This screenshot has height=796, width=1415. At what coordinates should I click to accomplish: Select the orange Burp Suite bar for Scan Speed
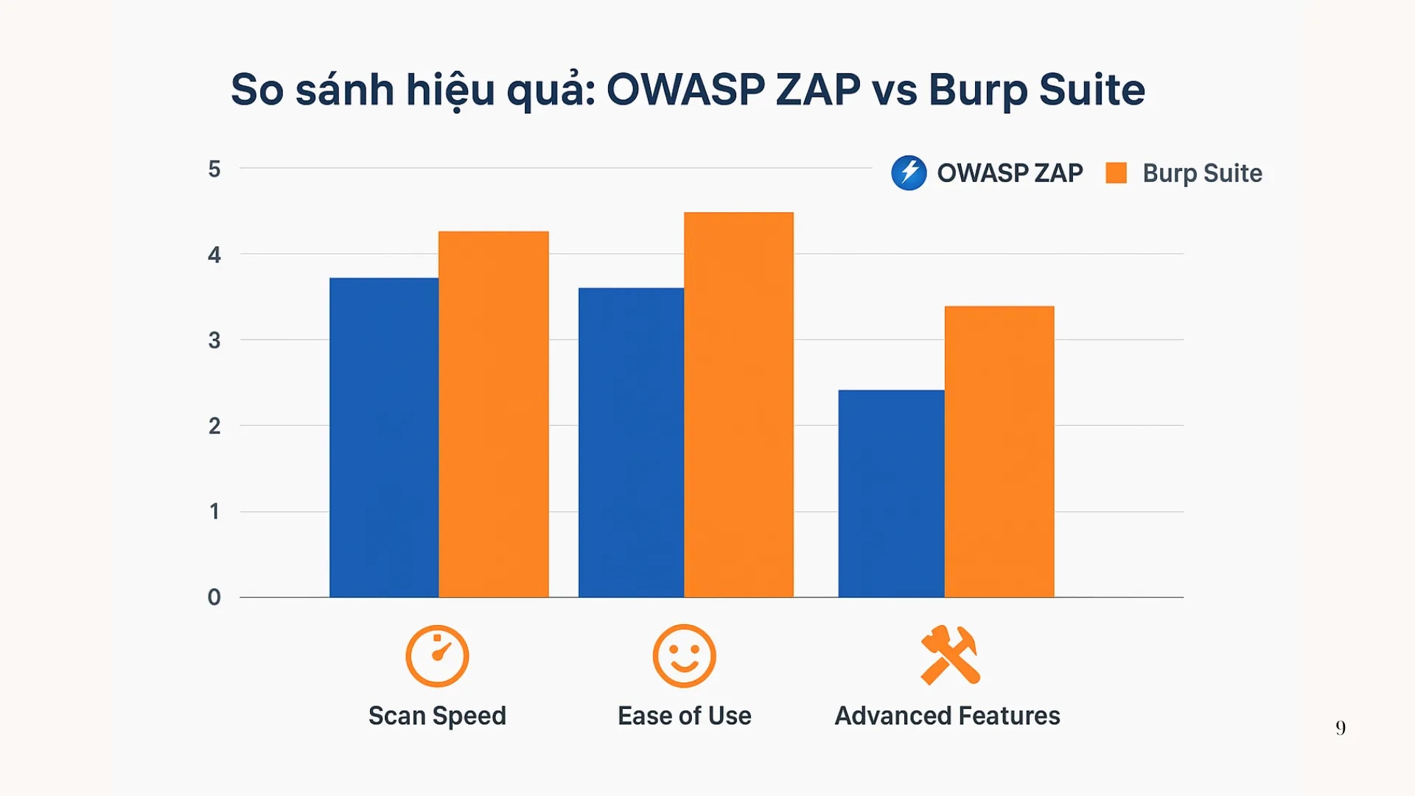(x=493, y=414)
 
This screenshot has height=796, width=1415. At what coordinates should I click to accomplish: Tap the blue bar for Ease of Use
(x=631, y=442)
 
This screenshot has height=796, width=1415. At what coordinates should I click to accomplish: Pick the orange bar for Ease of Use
(x=738, y=405)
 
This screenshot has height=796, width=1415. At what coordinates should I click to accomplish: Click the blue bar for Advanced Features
(x=891, y=493)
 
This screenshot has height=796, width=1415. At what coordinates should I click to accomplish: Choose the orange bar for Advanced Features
(x=999, y=451)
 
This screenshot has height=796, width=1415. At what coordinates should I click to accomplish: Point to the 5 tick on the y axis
(x=214, y=170)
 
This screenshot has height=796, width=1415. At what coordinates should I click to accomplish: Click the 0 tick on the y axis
(x=214, y=597)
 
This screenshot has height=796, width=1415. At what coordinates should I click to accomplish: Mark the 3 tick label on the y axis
(x=214, y=341)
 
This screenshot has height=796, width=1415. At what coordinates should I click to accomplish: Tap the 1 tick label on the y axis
(x=214, y=512)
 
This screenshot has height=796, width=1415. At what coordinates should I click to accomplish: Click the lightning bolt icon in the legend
(x=909, y=173)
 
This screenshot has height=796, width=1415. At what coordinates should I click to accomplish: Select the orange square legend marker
(x=1116, y=173)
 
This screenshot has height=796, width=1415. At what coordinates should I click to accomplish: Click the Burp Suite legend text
(x=1202, y=173)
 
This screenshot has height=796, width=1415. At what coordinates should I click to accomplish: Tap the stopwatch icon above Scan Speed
(x=437, y=656)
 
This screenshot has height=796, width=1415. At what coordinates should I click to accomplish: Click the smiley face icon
(x=684, y=656)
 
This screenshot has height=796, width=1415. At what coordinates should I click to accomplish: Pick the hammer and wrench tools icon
(x=949, y=655)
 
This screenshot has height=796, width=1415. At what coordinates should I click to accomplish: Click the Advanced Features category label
(x=947, y=716)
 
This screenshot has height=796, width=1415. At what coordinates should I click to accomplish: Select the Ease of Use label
(x=684, y=716)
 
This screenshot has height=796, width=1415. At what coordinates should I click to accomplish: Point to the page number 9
(x=1341, y=728)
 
